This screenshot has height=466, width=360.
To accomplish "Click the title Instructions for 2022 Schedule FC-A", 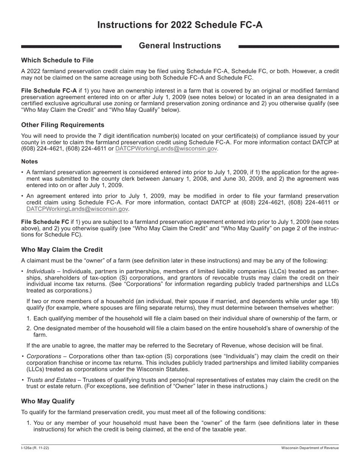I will [x=180, y=25].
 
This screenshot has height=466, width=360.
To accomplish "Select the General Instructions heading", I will [x=180, y=46].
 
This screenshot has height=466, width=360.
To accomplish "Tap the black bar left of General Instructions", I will [x=71, y=47].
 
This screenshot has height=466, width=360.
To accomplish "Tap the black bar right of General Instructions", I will [x=288, y=47].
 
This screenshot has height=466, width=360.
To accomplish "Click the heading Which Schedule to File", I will [x=57, y=60].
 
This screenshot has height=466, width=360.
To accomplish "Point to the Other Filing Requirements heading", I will [x=63, y=125].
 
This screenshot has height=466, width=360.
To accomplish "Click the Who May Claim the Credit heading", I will [x=62, y=250].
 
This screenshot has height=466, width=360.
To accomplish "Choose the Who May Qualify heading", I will [x=48, y=401].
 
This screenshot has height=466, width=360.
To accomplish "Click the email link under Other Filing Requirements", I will [x=166, y=149].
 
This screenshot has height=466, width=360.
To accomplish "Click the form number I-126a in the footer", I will [x=28, y=448].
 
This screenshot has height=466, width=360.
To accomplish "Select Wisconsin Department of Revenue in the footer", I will [x=310, y=448].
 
